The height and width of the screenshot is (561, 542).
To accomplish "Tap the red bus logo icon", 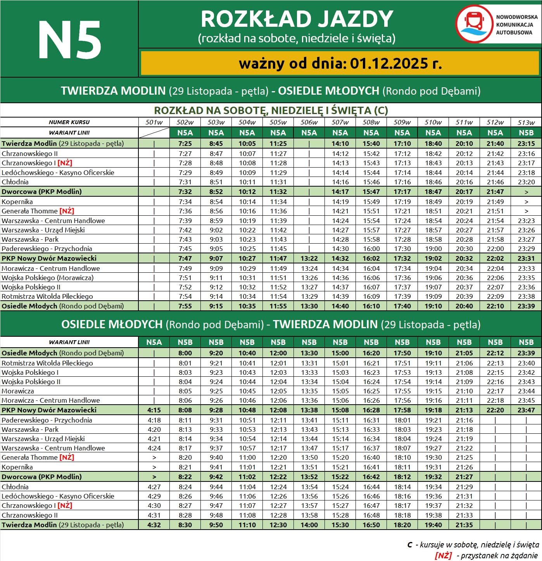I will click(x=474, y=24).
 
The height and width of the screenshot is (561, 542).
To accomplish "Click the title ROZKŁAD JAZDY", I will click(x=297, y=19).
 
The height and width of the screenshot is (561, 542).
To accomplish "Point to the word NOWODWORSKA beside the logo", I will click(x=516, y=17).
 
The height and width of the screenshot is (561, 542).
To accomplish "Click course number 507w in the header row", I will click(x=340, y=123).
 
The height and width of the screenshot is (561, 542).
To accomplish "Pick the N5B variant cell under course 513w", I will click(x=526, y=133).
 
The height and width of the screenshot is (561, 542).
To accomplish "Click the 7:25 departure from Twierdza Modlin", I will click(x=185, y=144).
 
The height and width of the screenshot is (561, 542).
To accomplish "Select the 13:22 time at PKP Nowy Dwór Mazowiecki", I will click(x=309, y=258).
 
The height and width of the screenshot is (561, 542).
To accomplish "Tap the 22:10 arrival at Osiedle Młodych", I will click(x=495, y=306).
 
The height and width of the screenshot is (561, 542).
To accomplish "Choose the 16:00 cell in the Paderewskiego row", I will click(x=371, y=249).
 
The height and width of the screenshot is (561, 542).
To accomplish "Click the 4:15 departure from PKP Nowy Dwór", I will click(x=154, y=410).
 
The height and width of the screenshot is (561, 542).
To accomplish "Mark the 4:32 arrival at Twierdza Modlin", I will click(x=154, y=525).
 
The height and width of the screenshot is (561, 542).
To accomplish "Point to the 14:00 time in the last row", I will click(x=309, y=525).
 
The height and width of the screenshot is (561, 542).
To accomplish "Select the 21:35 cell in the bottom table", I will click(x=464, y=525).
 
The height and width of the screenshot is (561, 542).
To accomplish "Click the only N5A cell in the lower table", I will click(x=154, y=342).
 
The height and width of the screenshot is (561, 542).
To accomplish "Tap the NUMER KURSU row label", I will click(x=69, y=122).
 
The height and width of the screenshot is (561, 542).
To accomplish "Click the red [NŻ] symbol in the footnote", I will click(x=443, y=556).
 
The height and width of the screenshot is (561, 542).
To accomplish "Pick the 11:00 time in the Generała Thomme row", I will click(x=247, y=457).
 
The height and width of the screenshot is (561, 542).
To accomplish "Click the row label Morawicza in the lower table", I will click(x=18, y=391).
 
